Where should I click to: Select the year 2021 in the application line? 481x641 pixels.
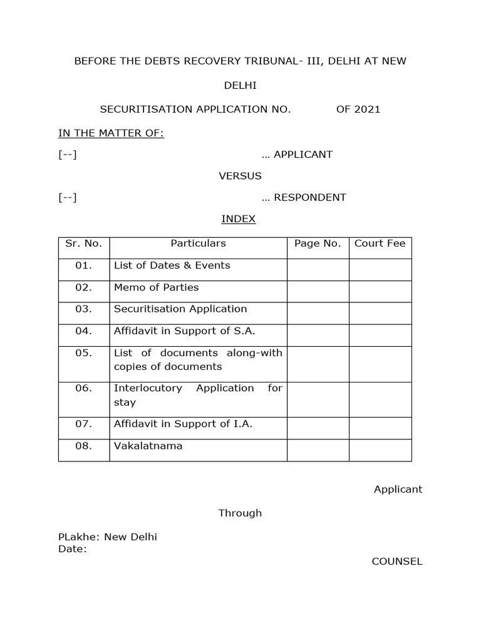point(367,110)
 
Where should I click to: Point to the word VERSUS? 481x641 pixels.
point(240,176)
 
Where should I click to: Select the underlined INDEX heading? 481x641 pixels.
point(239,219)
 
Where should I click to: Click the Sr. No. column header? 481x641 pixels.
point(83,243)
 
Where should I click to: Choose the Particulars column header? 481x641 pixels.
point(198,243)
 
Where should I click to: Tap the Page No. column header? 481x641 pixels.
point(318,243)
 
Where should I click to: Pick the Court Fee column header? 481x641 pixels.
point(380,243)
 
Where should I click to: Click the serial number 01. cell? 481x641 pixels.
point(83,265)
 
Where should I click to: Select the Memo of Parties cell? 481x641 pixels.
point(156,287)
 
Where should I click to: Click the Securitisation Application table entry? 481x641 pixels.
point(180,309)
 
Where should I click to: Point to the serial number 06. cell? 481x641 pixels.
point(83,388)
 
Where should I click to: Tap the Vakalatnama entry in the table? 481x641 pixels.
point(148,446)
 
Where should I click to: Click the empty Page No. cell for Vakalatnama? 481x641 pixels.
point(318,450)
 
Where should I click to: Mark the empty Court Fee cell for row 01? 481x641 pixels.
point(380,269)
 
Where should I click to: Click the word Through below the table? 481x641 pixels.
point(240,513)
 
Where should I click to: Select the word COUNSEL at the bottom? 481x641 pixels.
point(397,562)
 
